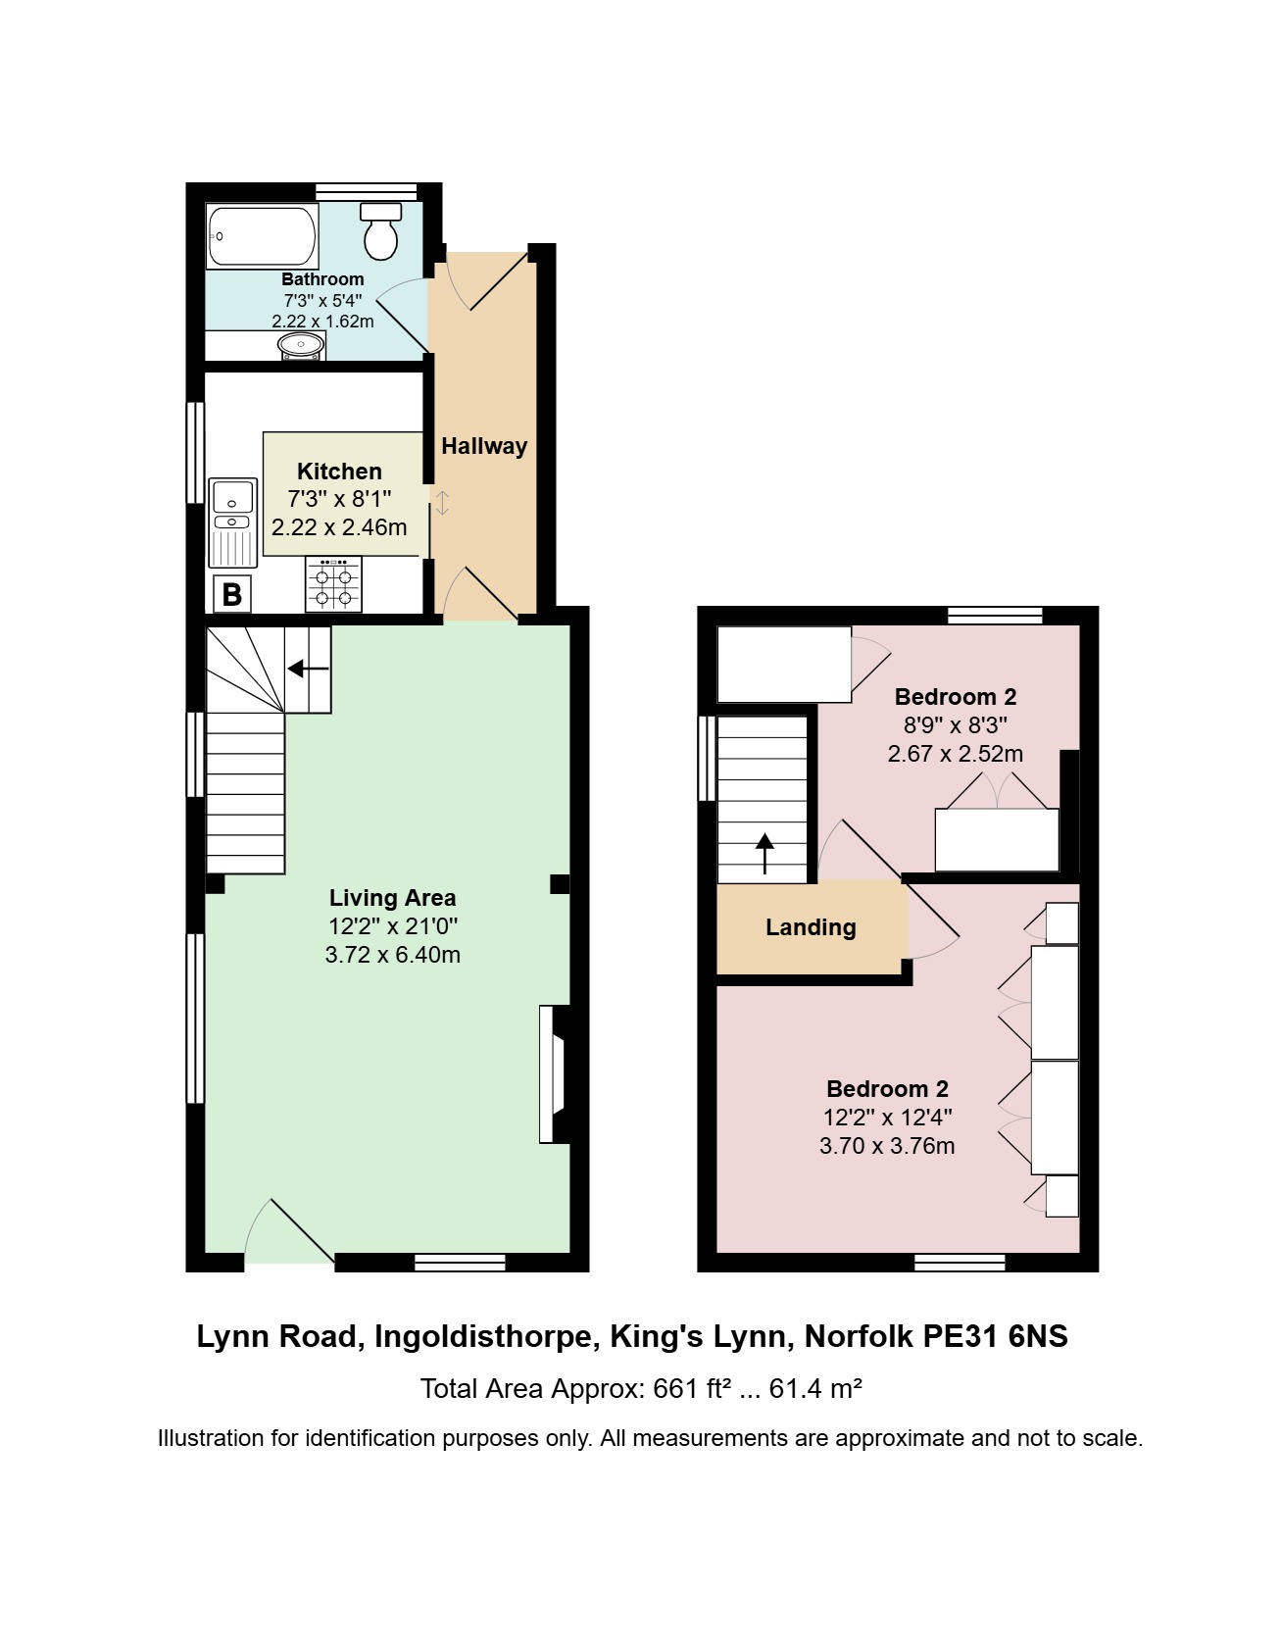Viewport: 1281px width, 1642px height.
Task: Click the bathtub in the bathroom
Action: coord(263,236)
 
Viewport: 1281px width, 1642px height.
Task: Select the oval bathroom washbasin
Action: coord(301,345)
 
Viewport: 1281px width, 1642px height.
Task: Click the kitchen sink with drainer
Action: coord(233,522)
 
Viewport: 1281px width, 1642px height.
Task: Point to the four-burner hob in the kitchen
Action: coord(333,584)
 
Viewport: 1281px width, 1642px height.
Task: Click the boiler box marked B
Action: coord(232,594)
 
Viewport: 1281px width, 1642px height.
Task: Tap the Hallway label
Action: coord(484,446)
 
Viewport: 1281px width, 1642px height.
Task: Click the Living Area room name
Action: coord(392,898)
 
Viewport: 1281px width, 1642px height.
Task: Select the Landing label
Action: coord(811,927)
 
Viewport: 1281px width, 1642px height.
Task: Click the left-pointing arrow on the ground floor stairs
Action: coord(308,669)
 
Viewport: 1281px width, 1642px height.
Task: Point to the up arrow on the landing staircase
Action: coord(764,853)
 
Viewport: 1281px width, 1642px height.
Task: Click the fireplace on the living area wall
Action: coord(555,1074)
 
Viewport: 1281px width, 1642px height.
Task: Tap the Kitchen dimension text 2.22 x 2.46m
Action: coord(339,527)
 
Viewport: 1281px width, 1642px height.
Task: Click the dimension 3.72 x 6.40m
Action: coord(393,955)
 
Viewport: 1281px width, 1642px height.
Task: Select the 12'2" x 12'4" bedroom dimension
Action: coord(888,1118)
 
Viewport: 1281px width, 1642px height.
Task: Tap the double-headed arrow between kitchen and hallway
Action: coord(442,503)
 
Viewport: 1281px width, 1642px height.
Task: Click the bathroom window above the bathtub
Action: coord(366,191)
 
